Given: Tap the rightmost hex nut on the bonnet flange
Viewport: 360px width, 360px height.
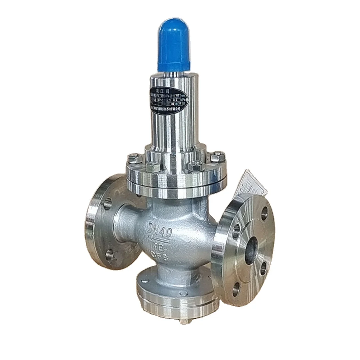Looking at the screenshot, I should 217,157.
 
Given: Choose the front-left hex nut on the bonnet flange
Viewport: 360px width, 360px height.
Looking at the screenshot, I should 153,167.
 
